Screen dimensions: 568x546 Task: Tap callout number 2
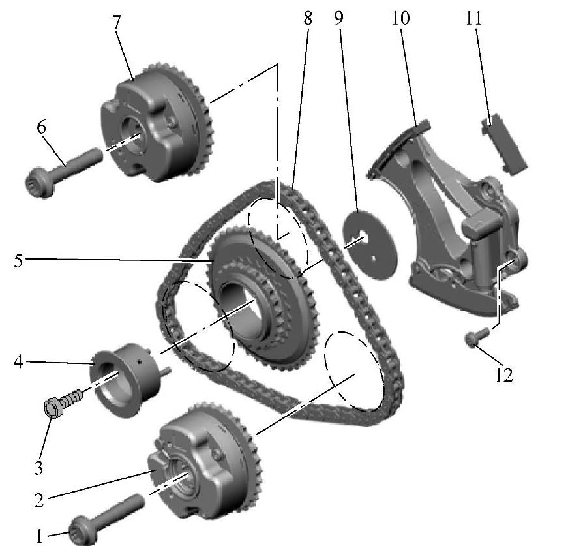39,500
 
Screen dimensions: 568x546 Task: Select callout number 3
38,467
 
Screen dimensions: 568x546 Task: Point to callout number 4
18,361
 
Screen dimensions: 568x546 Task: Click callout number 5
18,260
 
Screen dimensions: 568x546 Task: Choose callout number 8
308,18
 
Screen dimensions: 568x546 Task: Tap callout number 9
338,18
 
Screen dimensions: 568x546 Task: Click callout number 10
400,18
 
